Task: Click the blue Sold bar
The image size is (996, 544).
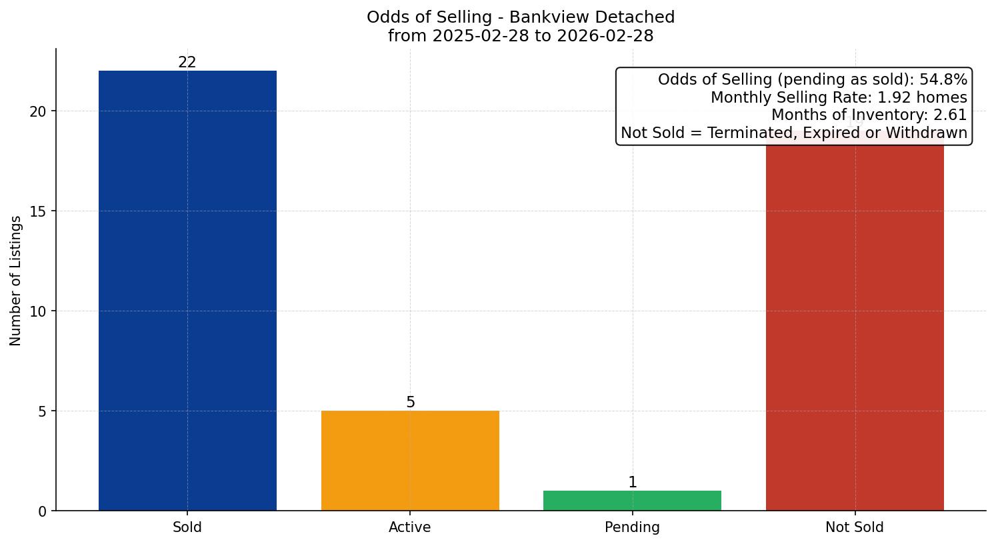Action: pyautogui.click(x=187, y=291)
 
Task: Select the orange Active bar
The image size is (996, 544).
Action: pyautogui.click(x=410, y=461)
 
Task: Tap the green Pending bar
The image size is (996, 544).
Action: pyautogui.click(x=632, y=501)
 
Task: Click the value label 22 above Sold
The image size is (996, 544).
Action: pyautogui.click(x=187, y=63)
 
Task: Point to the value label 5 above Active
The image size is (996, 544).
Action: pyautogui.click(x=411, y=403)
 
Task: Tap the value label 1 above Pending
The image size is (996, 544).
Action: pyautogui.click(x=633, y=483)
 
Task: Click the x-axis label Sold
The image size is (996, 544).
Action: pyautogui.click(x=187, y=527)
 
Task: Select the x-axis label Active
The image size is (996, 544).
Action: pyautogui.click(x=410, y=527)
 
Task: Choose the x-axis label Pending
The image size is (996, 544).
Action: pyautogui.click(x=632, y=527)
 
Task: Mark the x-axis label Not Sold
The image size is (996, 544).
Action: pyautogui.click(x=855, y=527)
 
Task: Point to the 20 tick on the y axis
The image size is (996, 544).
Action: pyautogui.click(x=38, y=111)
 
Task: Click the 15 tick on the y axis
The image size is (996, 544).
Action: pyautogui.click(x=38, y=211)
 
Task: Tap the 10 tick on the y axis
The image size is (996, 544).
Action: pyautogui.click(x=38, y=311)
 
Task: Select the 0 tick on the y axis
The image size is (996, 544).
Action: pyautogui.click(x=42, y=511)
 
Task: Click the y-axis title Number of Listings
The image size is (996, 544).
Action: pyautogui.click(x=16, y=280)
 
